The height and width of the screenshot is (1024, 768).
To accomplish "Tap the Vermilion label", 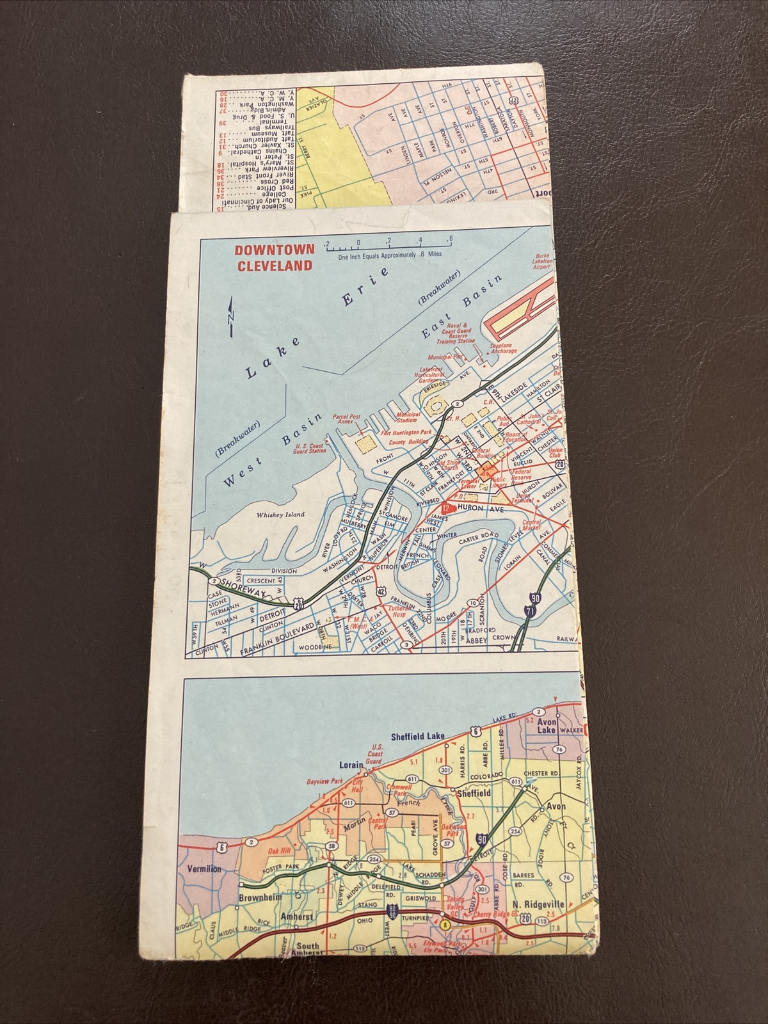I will pos(204,868).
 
